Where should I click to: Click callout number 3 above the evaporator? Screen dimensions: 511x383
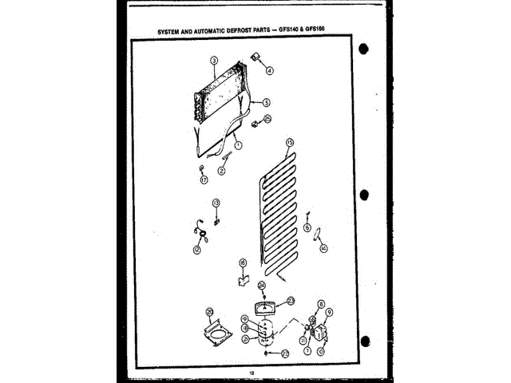click(x=214, y=61)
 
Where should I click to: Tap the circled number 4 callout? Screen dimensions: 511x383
click(x=270, y=70)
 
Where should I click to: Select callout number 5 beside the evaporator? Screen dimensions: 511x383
click(x=267, y=102)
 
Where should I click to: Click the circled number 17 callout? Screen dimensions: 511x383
click(x=203, y=180)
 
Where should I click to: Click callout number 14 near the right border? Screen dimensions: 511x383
click(x=323, y=249)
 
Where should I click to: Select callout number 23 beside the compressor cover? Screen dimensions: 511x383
click(x=291, y=300)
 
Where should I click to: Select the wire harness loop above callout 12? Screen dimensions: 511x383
click(x=200, y=232)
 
